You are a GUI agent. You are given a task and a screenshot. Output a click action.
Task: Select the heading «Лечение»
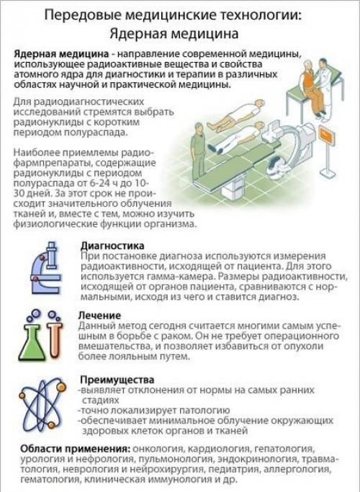101,316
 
